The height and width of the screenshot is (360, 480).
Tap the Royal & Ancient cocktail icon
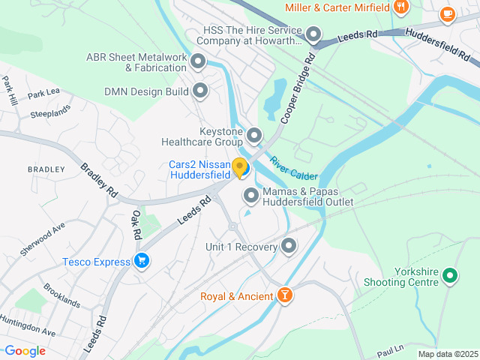click(285, 295)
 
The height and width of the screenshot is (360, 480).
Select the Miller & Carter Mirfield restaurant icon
click(401, 7)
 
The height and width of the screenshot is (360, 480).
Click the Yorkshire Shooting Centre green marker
click(450, 276)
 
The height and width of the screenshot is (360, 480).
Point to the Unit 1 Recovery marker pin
click(289, 246)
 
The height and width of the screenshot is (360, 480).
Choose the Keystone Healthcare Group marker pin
click(254, 136)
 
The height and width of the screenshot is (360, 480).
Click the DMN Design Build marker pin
click(200, 91)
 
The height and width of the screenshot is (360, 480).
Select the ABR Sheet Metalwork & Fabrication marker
click(199, 61)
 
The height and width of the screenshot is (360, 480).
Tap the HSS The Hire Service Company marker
click(313, 34)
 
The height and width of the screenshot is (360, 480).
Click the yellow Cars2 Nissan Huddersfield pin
click(240, 168)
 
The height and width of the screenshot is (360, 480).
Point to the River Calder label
click(293, 168)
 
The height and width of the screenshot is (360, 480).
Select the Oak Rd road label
click(136, 225)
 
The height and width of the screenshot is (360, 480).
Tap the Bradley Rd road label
click(99, 180)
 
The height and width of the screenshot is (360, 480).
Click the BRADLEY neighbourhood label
click(46, 169)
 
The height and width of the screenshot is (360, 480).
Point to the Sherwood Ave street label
click(43, 238)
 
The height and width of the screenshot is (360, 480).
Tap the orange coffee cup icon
click(448, 13)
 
